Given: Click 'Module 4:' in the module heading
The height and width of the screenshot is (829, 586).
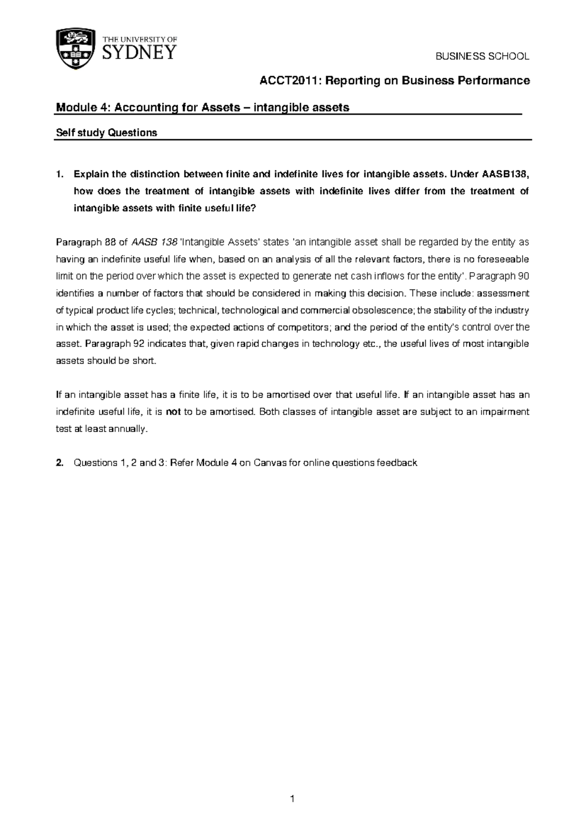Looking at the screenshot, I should tap(83, 108).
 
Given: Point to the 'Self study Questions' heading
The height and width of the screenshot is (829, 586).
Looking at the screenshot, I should tap(106, 133).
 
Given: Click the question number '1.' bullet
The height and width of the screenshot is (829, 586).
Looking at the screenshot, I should tap(60, 175).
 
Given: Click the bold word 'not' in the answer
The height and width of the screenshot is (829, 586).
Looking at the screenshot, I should tap(173, 412).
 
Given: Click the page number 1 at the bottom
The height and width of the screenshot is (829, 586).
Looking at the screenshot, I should tap(292, 799).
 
